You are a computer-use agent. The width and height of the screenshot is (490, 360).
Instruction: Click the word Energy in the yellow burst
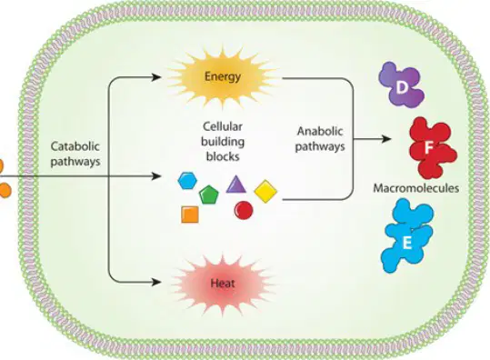point(223,76)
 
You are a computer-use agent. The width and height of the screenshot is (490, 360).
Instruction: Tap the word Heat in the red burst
point(223,284)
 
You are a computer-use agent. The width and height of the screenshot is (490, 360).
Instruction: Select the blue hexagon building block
point(187,181)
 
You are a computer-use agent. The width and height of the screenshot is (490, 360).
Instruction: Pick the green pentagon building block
point(209,195)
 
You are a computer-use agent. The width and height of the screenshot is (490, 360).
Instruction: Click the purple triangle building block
point(236,185)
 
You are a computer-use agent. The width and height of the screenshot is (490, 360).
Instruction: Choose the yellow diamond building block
point(265,191)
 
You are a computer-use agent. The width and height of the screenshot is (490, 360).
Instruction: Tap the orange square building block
point(190,215)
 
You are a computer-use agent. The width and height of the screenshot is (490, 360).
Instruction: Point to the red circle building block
point(244,210)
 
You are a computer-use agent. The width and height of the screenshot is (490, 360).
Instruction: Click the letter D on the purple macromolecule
point(402,88)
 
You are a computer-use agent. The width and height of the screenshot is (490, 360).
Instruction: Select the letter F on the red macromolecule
point(428,148)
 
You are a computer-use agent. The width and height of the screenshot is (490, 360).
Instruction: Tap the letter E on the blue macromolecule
point(406,243)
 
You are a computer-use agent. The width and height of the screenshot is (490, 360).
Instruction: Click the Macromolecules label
point(416,188)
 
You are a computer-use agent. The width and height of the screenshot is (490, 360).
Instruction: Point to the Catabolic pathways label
point(75,154)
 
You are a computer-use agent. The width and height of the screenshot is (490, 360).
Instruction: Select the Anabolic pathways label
point(320,138)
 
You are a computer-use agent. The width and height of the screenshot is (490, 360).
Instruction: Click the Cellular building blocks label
point(223,141)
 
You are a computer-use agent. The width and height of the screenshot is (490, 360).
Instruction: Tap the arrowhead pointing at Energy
point(156,77)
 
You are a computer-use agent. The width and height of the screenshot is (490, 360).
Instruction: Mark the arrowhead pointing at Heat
point(156,283)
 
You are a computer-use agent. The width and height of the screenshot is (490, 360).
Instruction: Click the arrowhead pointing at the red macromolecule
point(386,139)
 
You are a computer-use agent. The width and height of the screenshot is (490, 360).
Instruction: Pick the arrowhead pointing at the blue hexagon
point(156,176)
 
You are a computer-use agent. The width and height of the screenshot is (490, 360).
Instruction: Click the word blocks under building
point(223,156)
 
